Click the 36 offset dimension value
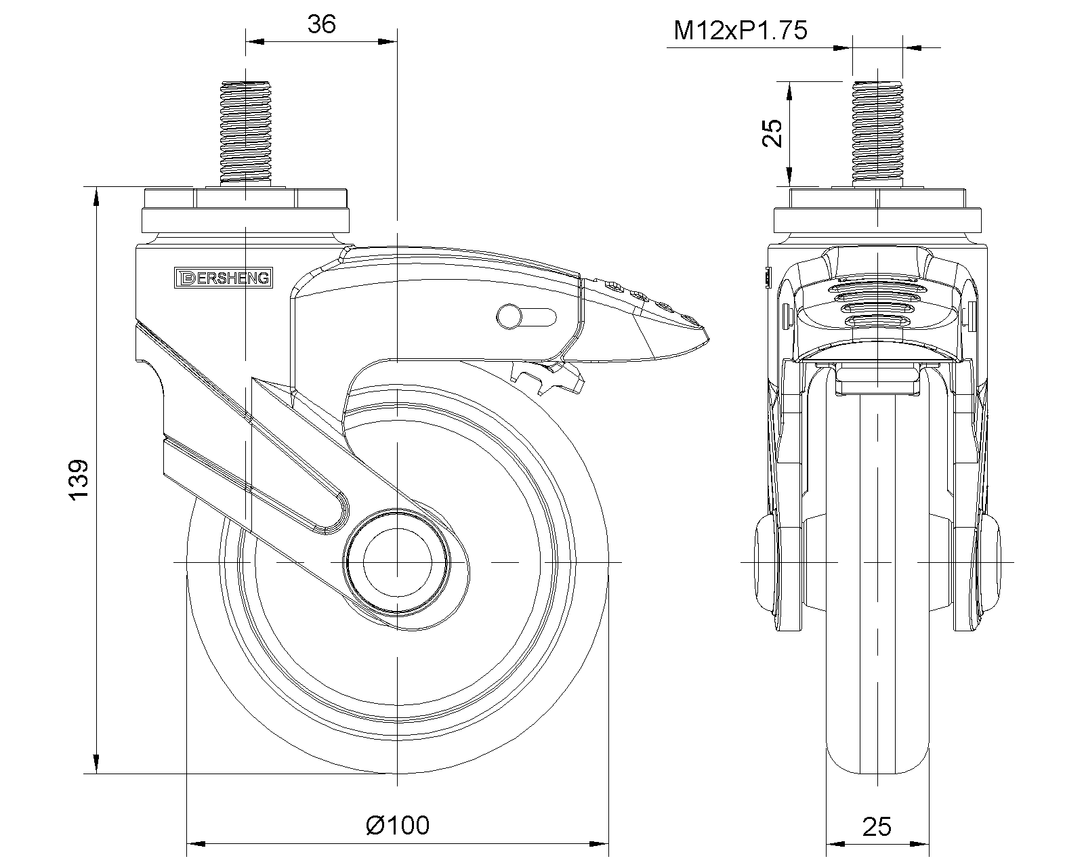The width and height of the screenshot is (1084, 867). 321,24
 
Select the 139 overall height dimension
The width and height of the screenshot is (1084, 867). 80,480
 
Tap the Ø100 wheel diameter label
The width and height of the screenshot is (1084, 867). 398,825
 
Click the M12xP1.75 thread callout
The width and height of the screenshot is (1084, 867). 741,30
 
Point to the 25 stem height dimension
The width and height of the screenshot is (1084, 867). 772,133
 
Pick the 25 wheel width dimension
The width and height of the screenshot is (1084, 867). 877,826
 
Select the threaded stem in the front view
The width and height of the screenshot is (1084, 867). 877,133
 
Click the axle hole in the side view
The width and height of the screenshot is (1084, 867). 397,562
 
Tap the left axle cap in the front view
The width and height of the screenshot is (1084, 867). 768,562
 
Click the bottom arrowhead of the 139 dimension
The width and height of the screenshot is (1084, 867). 96,763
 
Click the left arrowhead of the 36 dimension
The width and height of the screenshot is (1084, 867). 254,42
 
